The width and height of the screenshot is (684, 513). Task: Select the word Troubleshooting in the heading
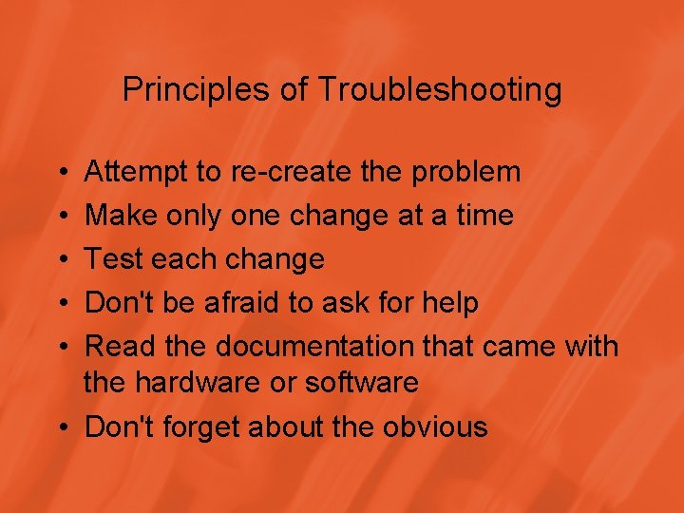[x=439, y=90]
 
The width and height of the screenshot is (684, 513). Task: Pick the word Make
[x=121, y=216]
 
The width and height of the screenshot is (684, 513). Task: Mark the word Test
[x=114, y=259]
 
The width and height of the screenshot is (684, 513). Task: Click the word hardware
[x=186, y=383]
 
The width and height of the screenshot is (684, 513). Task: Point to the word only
[x=193, y=216]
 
